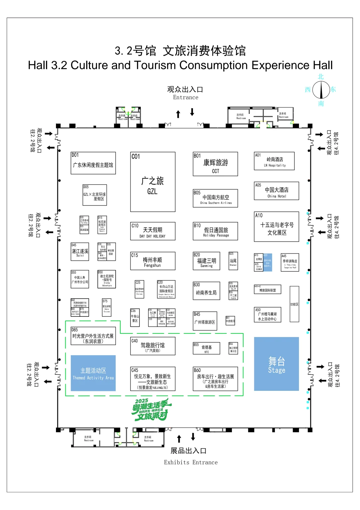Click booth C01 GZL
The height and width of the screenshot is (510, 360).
[x=153, y=182]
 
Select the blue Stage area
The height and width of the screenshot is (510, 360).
[x=276, y=364]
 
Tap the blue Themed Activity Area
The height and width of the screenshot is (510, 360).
[x=93, y=373]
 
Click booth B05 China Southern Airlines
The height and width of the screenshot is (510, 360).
[x=215, y=199]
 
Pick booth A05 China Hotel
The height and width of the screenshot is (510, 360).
[x=276, y=191]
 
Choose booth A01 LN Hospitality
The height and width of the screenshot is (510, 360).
[x=274, y=161]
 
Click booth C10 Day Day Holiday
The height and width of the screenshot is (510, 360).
[x=153, y=231]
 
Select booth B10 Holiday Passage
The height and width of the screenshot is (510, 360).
[x=215, y=231]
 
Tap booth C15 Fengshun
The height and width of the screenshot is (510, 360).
[x=153, y=261]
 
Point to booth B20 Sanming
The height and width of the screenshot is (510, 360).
[x=206, y=261]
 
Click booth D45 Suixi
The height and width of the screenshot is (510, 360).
[x=80, y=252]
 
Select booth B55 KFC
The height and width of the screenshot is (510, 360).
[x=206, y=348]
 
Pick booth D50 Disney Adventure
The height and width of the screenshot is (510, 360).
[x=107, y=279]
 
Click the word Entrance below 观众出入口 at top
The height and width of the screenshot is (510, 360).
[x=186, y=97]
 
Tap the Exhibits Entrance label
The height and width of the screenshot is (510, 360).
[x=191, y=462]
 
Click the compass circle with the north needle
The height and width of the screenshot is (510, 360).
[x=321, y=90]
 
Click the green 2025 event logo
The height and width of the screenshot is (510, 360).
[x=151, y=409]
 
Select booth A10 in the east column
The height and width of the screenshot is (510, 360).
[x=276, y=227]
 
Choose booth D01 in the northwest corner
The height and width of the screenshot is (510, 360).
[x=93, y=163]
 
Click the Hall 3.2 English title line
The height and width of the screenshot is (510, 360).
[x=180, y=65]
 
